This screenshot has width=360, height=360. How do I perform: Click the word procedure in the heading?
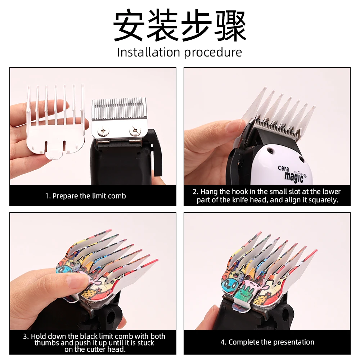pos(213,53)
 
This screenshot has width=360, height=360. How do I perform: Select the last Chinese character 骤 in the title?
pos(230,26)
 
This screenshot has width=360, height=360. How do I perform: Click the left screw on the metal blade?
pos(102,131)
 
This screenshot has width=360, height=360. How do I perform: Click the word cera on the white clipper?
pos(283,168)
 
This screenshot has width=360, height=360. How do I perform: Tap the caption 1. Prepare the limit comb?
pos(85,196)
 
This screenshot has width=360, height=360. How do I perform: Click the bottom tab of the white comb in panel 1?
pos(54,154)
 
